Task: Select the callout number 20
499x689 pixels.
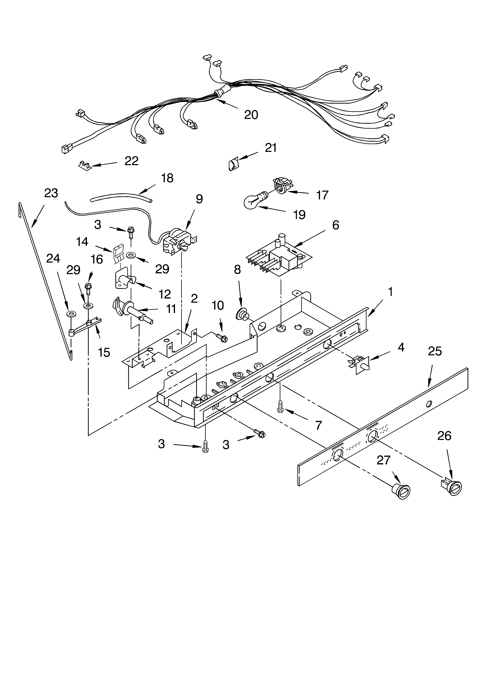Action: [251, 114]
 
